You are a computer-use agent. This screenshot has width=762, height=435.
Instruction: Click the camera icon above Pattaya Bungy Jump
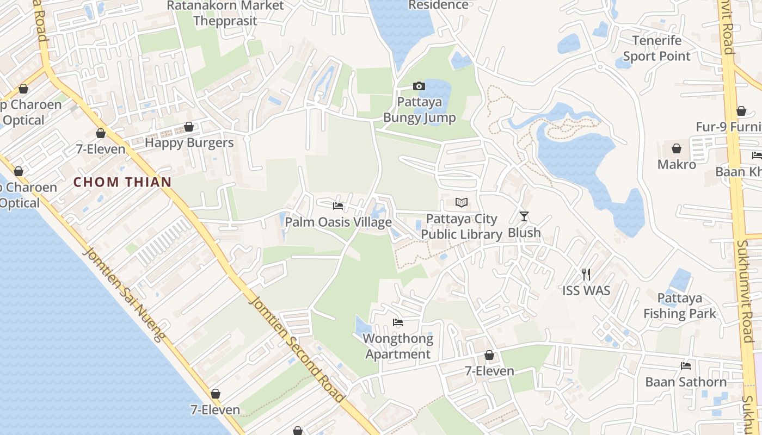tap(419, 86)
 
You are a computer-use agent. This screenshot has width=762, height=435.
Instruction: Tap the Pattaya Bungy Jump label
tap(419, 110)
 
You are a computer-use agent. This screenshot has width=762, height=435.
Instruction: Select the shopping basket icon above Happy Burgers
tap(189, 127)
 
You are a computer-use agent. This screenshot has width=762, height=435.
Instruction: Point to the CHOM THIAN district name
tap(122, 182)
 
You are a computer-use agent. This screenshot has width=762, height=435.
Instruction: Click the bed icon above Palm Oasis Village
tap(338, 206)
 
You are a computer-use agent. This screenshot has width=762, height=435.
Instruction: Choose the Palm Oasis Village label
tap(338, 222)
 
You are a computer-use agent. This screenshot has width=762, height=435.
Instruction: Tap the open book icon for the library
tap(462, 203)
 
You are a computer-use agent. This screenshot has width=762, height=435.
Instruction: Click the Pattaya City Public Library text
tap(462, 227)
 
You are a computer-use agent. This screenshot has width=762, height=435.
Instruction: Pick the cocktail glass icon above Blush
tap(524, 216)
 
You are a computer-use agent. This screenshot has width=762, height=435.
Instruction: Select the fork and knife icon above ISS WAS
tap(586, 274)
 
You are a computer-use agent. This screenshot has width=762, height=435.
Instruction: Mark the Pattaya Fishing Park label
tap(680, 306)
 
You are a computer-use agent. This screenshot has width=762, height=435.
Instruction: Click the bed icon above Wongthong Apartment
tap(398, 322)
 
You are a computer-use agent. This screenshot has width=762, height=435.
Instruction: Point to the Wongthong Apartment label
tap(398, 346)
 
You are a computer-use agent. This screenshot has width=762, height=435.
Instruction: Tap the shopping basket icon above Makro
tap(677, 148)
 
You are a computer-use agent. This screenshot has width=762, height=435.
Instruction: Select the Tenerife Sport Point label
tap(656, 48)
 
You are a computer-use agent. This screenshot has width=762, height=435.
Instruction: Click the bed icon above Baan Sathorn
tap(686, 366)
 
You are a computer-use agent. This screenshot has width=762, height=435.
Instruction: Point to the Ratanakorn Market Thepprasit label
tap(225, 14)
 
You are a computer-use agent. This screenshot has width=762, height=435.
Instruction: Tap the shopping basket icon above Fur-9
tap(741, 111)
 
